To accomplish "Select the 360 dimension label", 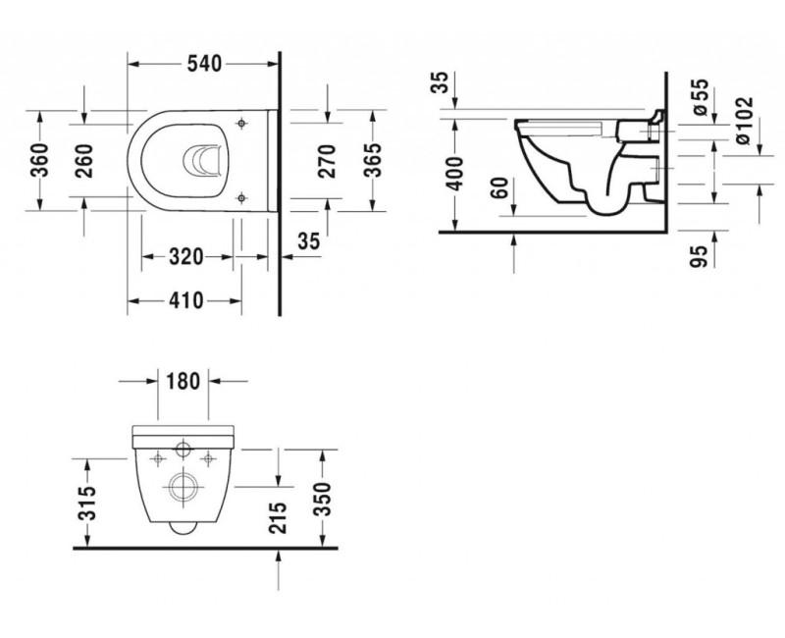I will pyautogui.click(x=40, y=160).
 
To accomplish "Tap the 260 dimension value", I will pyautogui.click(x=85, y=160).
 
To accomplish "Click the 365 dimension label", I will pyautogui.click(x=373, y=160).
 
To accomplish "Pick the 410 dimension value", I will pyautogui.click(x=184, y=301).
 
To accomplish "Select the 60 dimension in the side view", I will pyautogui.click(x=502, y=188).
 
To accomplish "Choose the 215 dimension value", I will pyautogui.click(x=279, y=519).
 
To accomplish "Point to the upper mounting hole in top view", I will pyautogui.click(x=240, y=124).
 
